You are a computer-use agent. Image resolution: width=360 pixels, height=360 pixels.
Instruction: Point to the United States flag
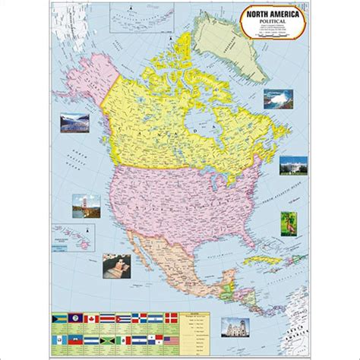coord(172,340)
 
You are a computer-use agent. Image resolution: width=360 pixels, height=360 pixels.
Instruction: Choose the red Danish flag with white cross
coord(172,318)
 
